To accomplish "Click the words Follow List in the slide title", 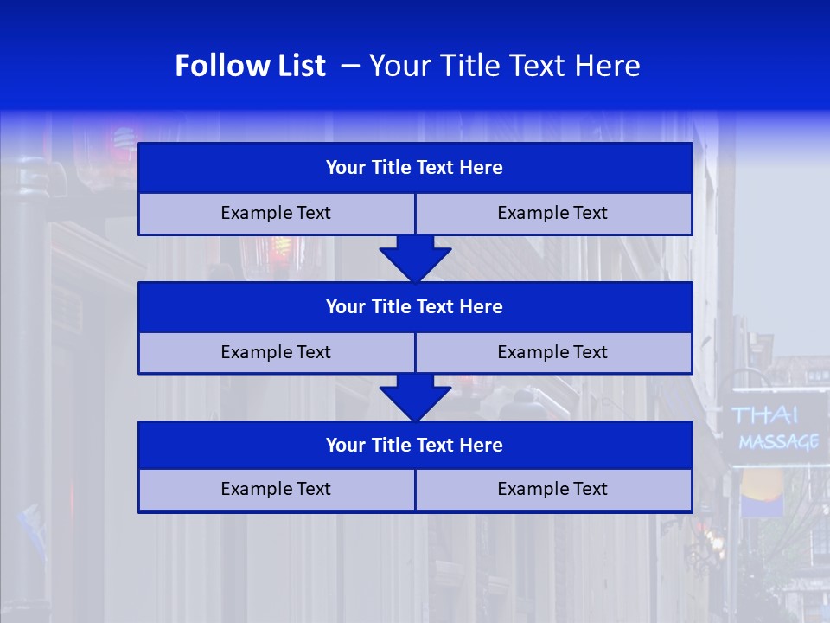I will pos(250,66).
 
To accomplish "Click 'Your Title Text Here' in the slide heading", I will pos(504,66).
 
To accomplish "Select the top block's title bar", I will pos(415,168).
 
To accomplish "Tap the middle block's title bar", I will pos(415,307).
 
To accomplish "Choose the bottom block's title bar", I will pos(415,446).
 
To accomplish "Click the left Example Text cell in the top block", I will pos(276,214).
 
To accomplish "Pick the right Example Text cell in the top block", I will pos(552,214).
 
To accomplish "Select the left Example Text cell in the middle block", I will pos(276,353).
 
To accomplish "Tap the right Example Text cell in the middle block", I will pos(552,353).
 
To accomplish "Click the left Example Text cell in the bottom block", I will pos(276,490).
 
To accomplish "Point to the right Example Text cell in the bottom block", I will pos(552,490).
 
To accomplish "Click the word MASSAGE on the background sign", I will pos(778,442).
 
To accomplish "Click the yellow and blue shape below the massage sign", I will pos(761,490).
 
